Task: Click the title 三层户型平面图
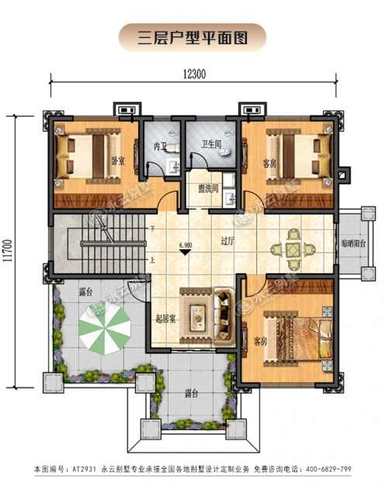click(192, 38)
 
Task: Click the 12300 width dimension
click(194, 75)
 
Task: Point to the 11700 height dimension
click(9, 250)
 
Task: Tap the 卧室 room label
click(118, 161)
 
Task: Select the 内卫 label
click(160, 147)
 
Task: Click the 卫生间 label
click(211, 144)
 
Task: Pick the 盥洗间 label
click(208, 189)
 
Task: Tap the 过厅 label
click(227, 241)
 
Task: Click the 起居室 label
click(165, 319)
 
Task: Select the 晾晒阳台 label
click(354, 243)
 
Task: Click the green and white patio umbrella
click(105, 328)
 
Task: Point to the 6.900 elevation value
click(186, 245)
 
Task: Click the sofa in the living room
click(224, 316)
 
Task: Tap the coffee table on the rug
click(197, 314)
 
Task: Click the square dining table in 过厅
click(293, 249)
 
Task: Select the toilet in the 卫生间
click(224, 151)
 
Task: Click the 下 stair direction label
click(152, 228)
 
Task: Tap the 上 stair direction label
click(152, 261)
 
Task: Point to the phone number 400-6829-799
click(328, 469)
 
